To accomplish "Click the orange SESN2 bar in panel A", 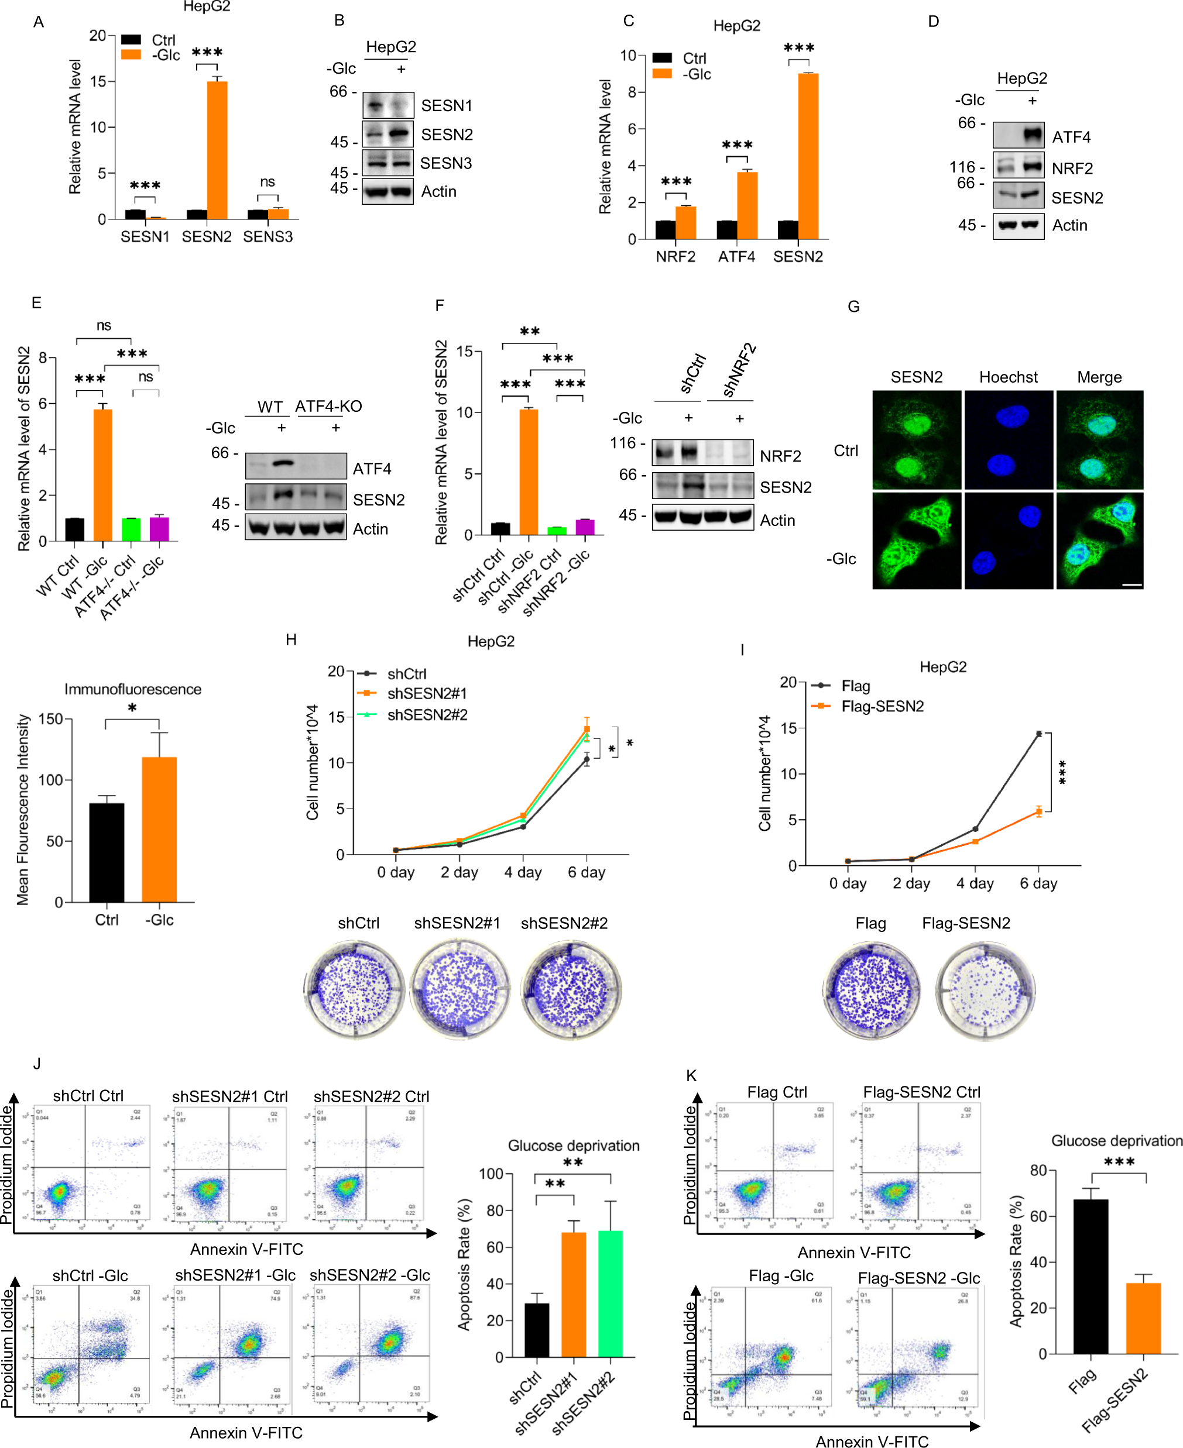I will click(217, 150).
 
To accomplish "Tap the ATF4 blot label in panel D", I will click(1071, 137).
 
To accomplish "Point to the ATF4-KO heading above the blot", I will click(328, 407).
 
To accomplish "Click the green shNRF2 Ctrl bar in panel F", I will click(557, 531).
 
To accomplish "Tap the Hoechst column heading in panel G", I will click(1008, 377).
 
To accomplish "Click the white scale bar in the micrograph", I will click(1131, 584).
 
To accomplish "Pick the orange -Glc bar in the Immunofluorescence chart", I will click(159, 829).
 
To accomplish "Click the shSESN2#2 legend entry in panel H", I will click(427, 714).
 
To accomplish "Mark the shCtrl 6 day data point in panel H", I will click(586, 759).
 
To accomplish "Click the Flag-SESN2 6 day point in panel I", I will click(1038, 811).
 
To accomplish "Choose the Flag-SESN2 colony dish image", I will click(985, 990).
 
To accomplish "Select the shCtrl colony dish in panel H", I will click(354, 988).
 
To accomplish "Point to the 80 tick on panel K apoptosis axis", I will click(1038, 1170).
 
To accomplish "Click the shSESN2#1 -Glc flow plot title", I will click(235, 1274).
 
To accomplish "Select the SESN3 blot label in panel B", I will click(445, 163).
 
